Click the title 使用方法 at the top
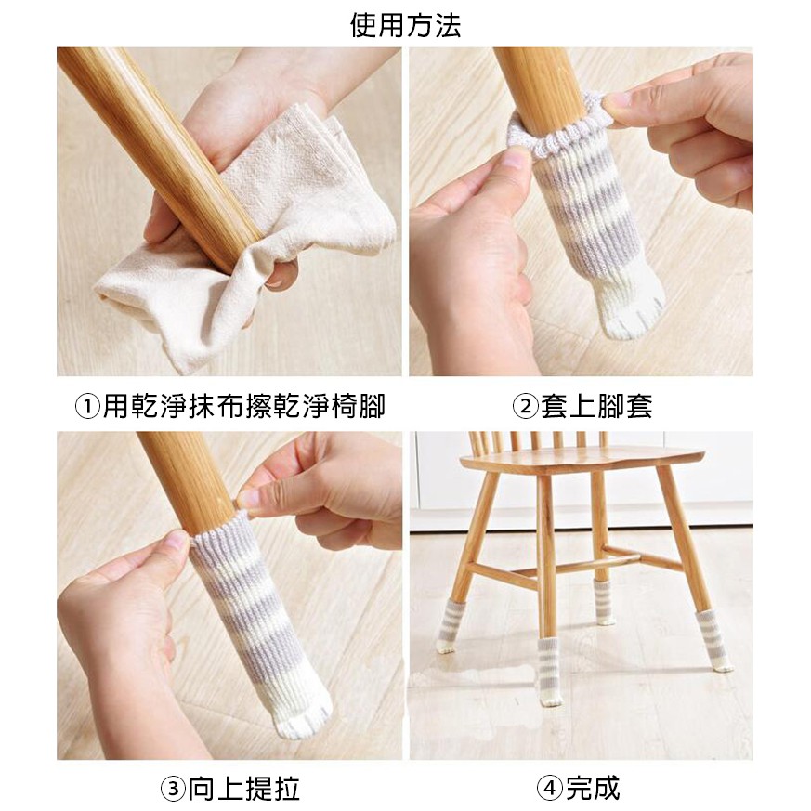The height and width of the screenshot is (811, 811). coord(405,25)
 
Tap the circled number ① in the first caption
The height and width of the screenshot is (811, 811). coord(87,407)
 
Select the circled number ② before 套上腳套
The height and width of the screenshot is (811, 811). coord(525,407)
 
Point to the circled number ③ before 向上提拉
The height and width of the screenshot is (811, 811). coord(173,790)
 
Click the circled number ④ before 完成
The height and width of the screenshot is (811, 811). coord(549,789)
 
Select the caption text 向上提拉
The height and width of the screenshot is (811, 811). coord(243,790)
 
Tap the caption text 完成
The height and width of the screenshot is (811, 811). coord(592,789)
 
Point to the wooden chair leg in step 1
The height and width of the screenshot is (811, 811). coord(161,155)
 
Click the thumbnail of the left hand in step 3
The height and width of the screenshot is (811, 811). coord(177,540)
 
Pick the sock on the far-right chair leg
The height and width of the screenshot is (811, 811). coord(714,640)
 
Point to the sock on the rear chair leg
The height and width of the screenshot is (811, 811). coord(604,603)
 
